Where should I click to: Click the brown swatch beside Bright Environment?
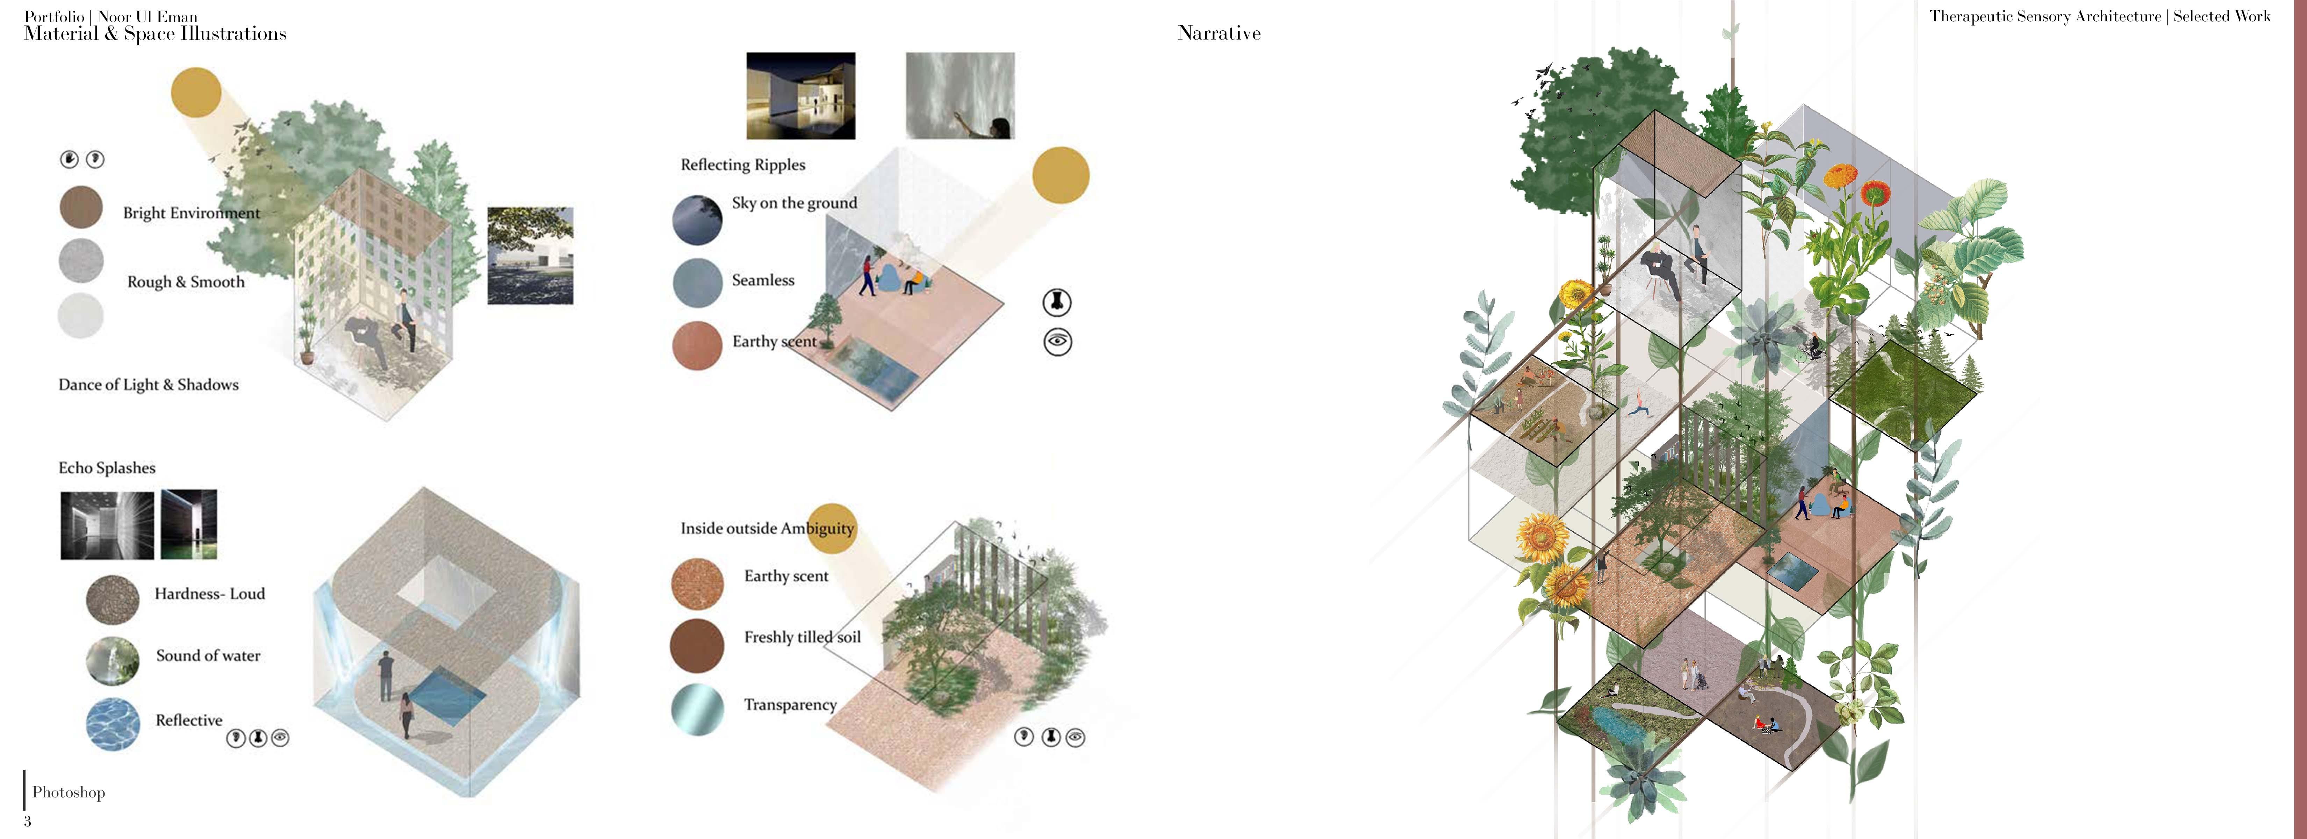pyautogui.click(x=81, y=208)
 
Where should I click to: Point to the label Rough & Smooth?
pyautogui.click(x=185, y=282)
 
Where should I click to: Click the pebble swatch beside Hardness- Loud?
pyautogui.click(x=113, y=599)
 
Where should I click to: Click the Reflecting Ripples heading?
pyautogui.click(x=742, y=165)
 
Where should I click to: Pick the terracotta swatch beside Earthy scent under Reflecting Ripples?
pyautogui.click(x=697, y=345)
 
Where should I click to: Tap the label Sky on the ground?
pyautogui.click(x=793, y=203)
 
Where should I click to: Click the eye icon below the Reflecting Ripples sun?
pyautogui.click(x=1057, y=342)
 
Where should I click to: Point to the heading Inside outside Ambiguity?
pyautogui.click(x=767, y=528)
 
